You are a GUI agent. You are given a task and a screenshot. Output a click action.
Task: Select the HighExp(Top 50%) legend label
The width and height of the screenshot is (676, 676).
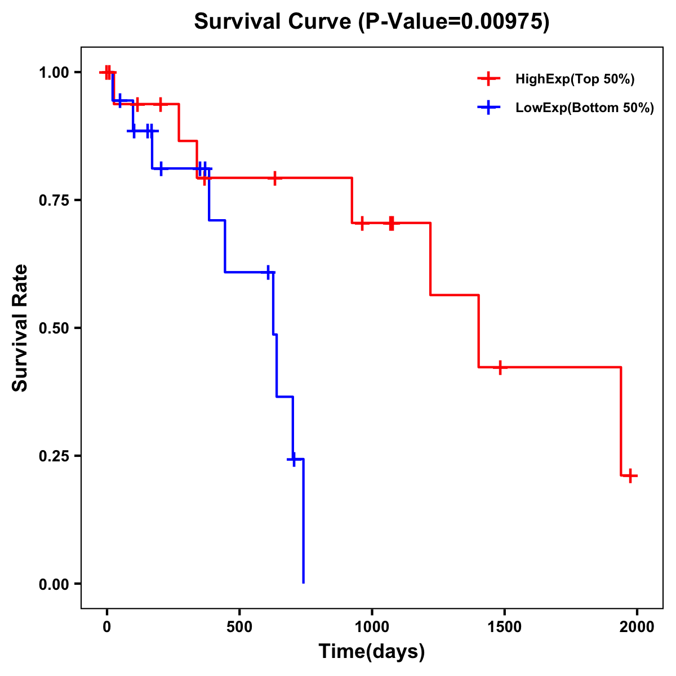click(x=575, y=79)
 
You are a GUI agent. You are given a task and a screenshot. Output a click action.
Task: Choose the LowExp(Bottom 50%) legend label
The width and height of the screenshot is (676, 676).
click(x=585, y=108)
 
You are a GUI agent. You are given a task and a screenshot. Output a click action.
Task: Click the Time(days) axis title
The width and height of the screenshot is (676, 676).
click(x=372, y=651)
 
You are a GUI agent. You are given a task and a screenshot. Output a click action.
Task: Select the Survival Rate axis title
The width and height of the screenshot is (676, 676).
click(x=20, y=328)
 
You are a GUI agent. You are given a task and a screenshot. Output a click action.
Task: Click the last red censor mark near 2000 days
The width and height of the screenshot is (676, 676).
click(x=630, y=475)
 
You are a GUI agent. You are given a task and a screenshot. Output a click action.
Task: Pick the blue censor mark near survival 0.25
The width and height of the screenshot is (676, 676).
click(x=292, y=460)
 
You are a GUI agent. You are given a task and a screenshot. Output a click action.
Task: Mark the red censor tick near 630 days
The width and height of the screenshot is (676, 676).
click(x=274, y=178)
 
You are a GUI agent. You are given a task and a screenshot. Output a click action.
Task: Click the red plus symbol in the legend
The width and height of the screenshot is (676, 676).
click(x=489, y=79)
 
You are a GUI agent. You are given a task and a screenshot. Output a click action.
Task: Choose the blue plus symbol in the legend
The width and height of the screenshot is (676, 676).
click(x=489, y=108)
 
